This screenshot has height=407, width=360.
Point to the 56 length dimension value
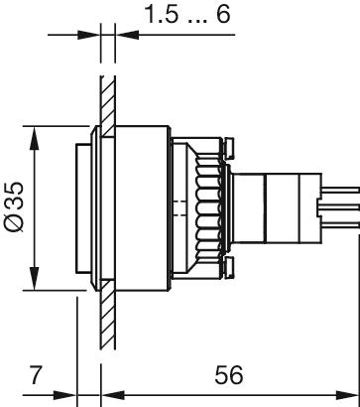coord(230,378)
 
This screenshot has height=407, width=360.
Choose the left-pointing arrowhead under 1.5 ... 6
coord(125,37)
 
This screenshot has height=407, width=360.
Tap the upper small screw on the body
coord(229,149)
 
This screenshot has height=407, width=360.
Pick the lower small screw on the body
coord(229,267)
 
